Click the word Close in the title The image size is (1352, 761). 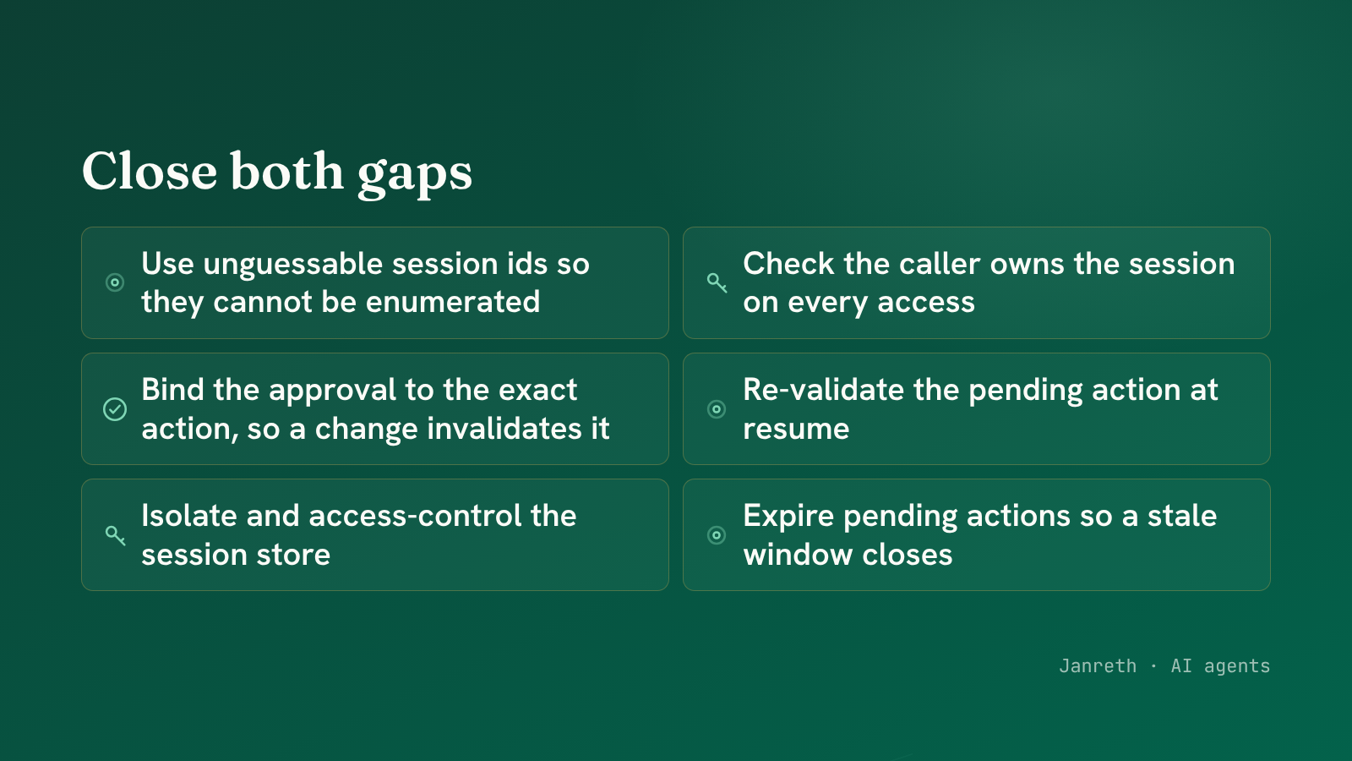pyautogui.click(x=150, y=172)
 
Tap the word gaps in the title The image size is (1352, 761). pyautogui.click(x=415, y=176)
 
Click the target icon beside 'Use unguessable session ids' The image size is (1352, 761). pyautogui.click(x=115, y=282)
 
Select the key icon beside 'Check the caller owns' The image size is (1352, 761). pyautogui.click(x=717, y=282)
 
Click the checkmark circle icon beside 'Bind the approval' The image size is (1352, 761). pyautogui.click(x=115, y=409)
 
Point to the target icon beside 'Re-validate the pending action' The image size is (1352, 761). pyautogui.click(x=717, y=409)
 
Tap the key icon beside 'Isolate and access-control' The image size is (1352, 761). pyautogui.click(x=115, y=535)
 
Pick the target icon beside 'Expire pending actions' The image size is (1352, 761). pyautogui.click(x=717, y=535)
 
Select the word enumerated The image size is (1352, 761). pyautogui.click(x=453, y=301)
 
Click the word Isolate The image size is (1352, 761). pyautogui.click(x=189, y=516)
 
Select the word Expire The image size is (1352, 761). pyautogui.click(x=788, y=517)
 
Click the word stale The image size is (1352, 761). pyautogui.click(x=1182, y=516)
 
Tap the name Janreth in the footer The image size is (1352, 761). pyautogui.click(x=1098, y=665)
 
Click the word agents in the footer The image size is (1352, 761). pyautogui.click(x=1237, y=667)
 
